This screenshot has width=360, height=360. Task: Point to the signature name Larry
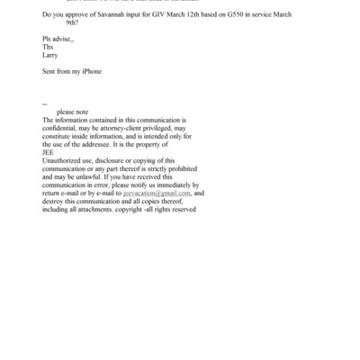pyautogui.click(x=50, y=54)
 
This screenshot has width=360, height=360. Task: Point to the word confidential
pyautogui.click(x=61, y=128)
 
